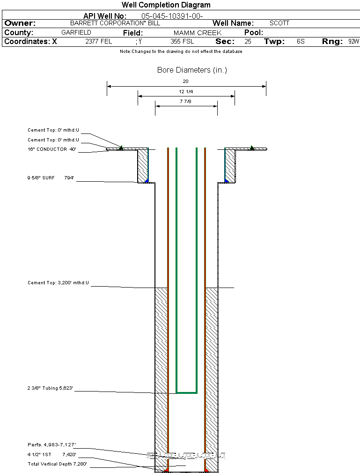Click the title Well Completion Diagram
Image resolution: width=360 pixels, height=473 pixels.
[166, 5]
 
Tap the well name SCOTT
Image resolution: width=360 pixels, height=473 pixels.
[279, 23]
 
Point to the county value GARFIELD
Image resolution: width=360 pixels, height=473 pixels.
[76, 33]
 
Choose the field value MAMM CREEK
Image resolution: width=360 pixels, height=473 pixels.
[197, 33]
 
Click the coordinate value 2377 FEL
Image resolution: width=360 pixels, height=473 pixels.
[98, 41]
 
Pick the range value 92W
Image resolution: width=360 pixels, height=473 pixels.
[353, 41]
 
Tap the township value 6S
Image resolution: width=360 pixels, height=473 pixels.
[301, 41]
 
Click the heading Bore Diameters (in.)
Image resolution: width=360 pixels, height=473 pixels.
[192, 70]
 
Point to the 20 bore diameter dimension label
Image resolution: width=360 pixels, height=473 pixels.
[186, 81]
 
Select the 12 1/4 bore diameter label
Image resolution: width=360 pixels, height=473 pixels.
[186, 91]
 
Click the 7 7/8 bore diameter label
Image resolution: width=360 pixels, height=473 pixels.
[186, 101]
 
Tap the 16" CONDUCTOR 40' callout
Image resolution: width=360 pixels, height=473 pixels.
[51, 149]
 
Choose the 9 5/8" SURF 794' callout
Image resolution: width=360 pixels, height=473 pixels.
[51, 178]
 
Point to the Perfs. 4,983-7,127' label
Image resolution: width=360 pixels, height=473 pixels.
[51, 444]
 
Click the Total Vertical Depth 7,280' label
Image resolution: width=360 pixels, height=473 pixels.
[57, 464]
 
